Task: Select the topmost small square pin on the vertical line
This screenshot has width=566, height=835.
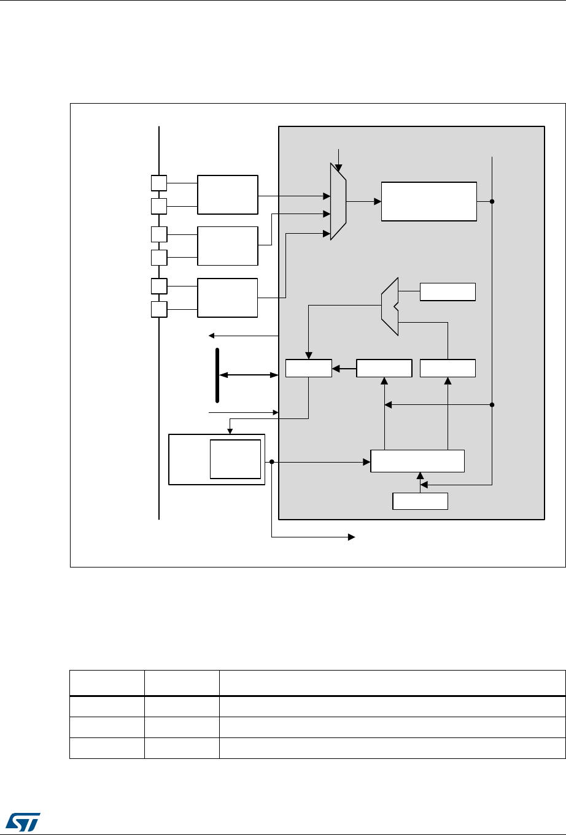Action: pyautogui.click(x=158, y=182)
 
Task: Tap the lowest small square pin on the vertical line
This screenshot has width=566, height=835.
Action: pyautogui.click(x=158, y=309)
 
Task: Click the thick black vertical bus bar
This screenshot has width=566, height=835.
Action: pyautogui.click(x=217, y=374)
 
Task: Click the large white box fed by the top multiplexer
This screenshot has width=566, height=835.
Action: pyautogui.click(x=428, y=201)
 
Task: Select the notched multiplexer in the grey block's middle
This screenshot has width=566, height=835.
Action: pyautogui.click(x=390, y=306)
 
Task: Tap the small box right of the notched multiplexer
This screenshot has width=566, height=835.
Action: pyautogui.click(x=448, y=291)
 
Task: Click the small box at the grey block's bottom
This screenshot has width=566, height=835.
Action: pyautogui.click(x=420, y=501)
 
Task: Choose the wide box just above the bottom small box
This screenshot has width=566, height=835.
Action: pyautogui.click(x=417, y=461)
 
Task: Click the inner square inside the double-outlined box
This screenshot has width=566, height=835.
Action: pyautogui.click(x=235, y=458)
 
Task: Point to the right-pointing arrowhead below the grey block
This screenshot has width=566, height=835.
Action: pyautogui.click(x=352, y=537)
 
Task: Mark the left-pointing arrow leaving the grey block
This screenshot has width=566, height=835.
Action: pyautogui.click(x=212, y=336)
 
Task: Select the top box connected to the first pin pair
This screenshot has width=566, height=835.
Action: pyautogui.click(x=228, y=194)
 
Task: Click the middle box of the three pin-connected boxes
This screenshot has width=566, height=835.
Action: pyautogui.click(x=228, y=245)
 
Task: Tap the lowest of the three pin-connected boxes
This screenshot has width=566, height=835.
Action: pyautogui.click(x=228, y=298)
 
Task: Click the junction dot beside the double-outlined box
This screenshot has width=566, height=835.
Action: pyautogui.click(x=271, y=461)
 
